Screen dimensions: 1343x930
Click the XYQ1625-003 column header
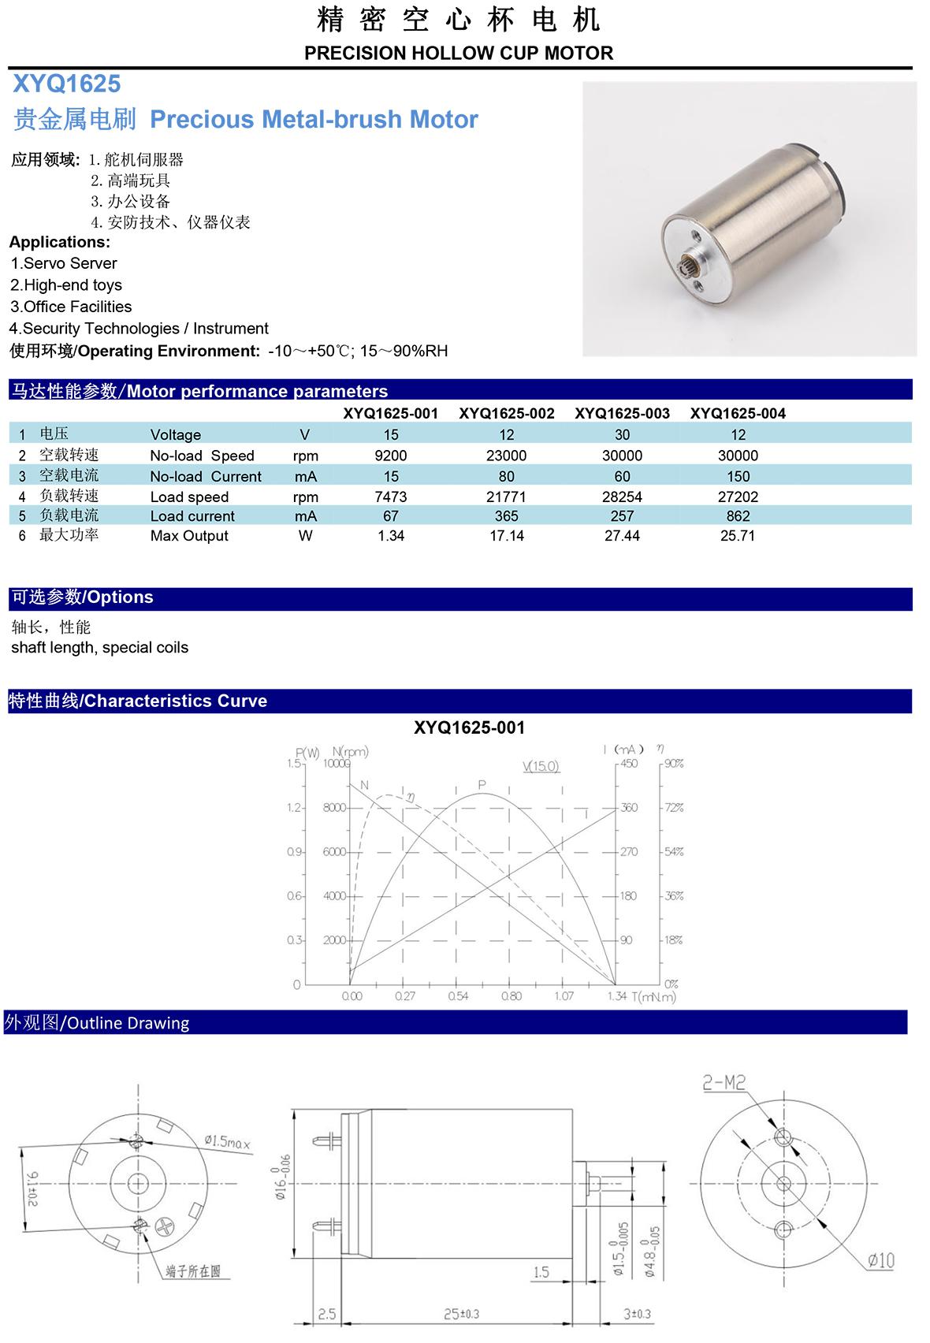click(622, 413)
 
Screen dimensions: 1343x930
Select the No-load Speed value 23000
click(506, 456)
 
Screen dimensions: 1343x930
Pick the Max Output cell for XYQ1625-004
click(737, 536)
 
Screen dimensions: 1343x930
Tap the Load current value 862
click(738, 516)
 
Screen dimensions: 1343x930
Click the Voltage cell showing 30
click(622, 434)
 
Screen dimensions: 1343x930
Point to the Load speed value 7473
click(391, 497)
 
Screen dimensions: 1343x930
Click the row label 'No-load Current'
click(205, 476)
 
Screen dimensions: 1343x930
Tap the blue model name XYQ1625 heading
click(66, 84)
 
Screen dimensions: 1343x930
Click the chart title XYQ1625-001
click(469, 727)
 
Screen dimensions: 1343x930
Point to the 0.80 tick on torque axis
click(511, 996)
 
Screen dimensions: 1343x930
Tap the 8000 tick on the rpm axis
click(334, 808)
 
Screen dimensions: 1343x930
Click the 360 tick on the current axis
click(629, 808)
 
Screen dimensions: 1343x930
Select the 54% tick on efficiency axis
click(674, 852)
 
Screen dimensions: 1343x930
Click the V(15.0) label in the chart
click(541, 766)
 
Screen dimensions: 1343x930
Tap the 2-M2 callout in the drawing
click(724, 1083)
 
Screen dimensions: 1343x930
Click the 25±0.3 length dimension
click(461, 1314)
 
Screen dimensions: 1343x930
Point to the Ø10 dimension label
click(880, 1260)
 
